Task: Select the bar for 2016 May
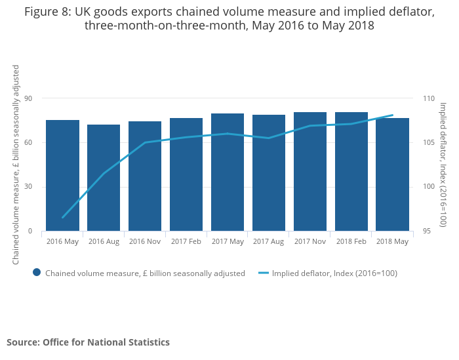[x=62, y=176]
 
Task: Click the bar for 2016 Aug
[x=104, y=178]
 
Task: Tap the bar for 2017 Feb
[x=186, y=174]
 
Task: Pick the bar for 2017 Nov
[x=310, y=172]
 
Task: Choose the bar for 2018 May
[x=393, y=174]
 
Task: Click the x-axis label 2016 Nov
[x=145, y=241]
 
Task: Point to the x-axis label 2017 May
[x=228, y=241]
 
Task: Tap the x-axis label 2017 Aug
[x=269, y=241]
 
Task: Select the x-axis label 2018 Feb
[x=351, y=241]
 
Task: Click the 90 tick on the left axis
[x=28, y=98]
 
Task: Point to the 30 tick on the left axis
[x=28, y=187]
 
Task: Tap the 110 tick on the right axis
[x=429, y=98]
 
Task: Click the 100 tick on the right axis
[x=429, y=187]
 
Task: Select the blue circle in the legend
[x=37, y=273]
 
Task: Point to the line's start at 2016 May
[x=63, y=217]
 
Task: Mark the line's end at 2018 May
[x=392, y=115]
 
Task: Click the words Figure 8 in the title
[x=47, y=11]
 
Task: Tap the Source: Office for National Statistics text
[x=88, y=342]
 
